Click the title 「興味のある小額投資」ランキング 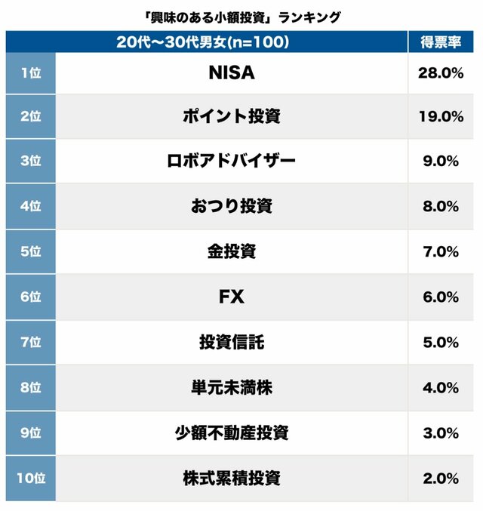point(241,17)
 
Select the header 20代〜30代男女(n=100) point(204,42)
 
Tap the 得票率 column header point(441,42)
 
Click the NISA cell point(231,72)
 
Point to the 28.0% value point(440,72)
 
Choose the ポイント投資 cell point(231,116)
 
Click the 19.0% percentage point(440,116)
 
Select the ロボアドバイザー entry point(231,161)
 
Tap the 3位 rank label point(30,161)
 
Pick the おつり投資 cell point(231,206)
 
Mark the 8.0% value point(440,206)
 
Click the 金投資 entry point(231,251)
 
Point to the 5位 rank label point(30,251)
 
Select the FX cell point(231,297)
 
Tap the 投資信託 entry point(231,342)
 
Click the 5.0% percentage point(440,342)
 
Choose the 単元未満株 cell point(231,387)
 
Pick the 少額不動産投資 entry point(231,433)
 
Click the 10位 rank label point(30,478)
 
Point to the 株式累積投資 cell point(231,478)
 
